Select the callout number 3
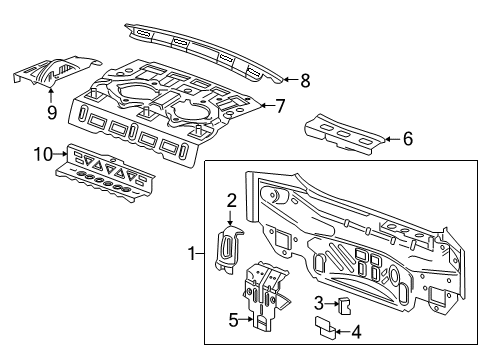coord(318,299)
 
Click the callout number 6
coord(408,140)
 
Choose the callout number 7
coord(282,105)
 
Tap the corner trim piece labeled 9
coord(55,71)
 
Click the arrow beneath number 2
coord(230,217)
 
